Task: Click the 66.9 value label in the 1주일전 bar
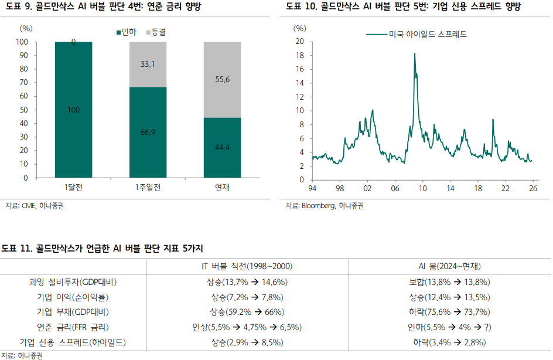pos(148,132)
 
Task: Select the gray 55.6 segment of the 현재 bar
pos(222,80)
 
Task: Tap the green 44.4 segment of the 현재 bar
pos(222,148)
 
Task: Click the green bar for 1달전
pos(73,110)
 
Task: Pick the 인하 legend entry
pos(127,32)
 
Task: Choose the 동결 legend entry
pos(156,32)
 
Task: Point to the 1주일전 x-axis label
pos(148,188)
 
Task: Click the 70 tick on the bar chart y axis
pos(23,82)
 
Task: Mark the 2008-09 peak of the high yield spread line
pos(414,53)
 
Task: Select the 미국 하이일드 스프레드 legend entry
pos(416,34)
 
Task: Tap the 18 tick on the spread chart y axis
pos(300,55)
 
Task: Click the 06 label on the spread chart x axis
pos(395,188)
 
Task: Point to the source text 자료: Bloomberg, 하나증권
pos(325,206)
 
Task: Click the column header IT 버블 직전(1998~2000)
pos(247,266)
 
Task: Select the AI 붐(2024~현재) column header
pos(450,266)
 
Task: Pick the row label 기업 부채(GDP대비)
pos(73,312)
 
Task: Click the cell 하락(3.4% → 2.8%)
pos(450,342)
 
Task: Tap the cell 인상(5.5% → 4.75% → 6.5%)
pos(247,327)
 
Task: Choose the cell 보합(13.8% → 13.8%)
pos(450,282)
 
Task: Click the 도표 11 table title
pos(103,249)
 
